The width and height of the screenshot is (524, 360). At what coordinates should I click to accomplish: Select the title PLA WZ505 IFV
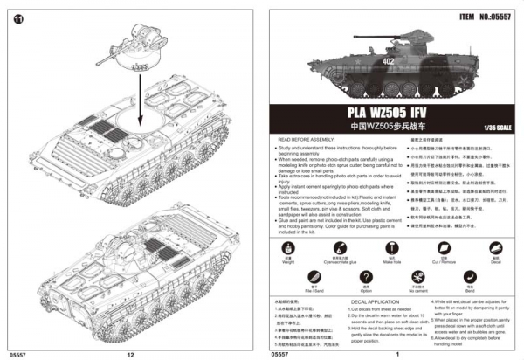click(392, 114)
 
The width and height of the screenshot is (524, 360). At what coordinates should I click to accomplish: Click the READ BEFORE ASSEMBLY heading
click(308, 139)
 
